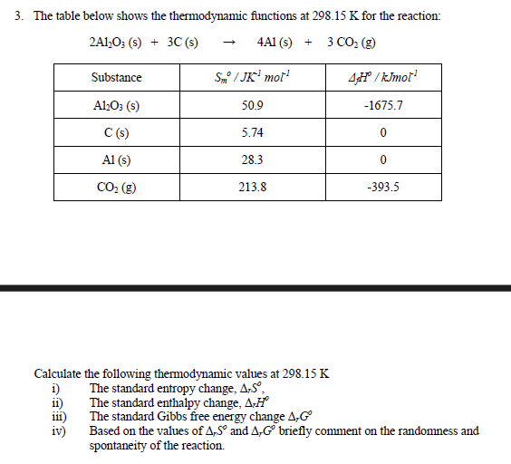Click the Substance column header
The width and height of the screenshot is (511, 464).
click(x=116, y=78)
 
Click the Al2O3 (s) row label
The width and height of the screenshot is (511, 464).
click(x=116, y=105)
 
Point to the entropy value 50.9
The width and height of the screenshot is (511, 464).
click(x=253, y=105)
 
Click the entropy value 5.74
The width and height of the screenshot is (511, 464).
click(x=253, y=132)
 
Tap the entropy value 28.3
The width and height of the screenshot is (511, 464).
click(x=253, y=159)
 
